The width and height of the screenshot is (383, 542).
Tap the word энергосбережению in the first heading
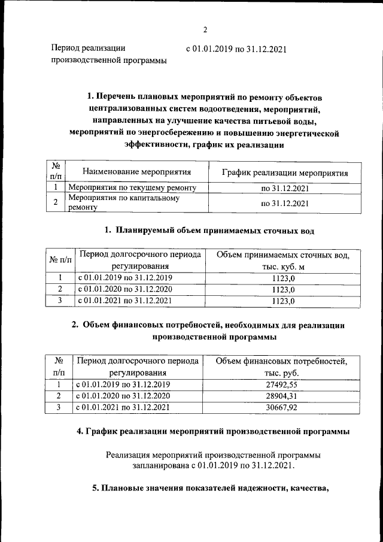[174, 133]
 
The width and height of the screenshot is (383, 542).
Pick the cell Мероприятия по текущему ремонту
[132, 188]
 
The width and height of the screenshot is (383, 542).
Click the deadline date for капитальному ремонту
[284, 203]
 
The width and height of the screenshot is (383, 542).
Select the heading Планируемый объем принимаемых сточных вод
[209, 230]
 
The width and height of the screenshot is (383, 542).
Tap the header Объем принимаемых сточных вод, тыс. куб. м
[283, 261]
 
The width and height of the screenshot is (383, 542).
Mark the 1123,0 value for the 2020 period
[283, 290]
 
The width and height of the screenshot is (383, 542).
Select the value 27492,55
[283, 385]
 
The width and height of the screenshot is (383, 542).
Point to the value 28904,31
[283, 396]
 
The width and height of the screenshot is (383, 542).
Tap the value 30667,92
[283, 408]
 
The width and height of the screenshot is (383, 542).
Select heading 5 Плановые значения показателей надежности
[211, 487]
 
